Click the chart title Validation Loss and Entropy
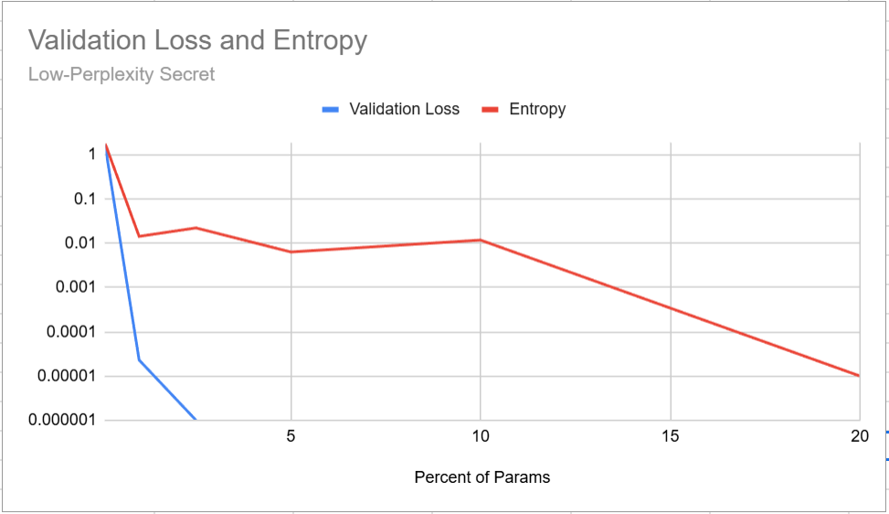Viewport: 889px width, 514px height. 197,40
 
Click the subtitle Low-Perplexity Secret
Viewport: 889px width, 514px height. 122,74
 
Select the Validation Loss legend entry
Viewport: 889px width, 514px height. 404,109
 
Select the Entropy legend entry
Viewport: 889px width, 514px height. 537,109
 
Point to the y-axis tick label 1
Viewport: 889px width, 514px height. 91,155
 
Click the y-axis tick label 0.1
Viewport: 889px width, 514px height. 85,198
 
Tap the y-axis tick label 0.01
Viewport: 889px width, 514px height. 81,243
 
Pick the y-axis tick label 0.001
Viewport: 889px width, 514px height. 77,287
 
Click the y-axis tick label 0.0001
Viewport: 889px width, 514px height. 73,332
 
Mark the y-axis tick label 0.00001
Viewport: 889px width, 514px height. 69,376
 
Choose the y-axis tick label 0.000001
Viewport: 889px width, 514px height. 65,421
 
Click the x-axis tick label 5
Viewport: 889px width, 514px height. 291,436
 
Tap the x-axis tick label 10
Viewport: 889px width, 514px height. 481,436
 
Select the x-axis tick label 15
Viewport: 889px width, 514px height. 671,436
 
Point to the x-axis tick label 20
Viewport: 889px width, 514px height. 859,436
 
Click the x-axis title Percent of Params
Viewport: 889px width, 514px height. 482,477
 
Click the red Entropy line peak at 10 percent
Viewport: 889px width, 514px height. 481,240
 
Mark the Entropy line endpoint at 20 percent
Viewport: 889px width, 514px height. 859,376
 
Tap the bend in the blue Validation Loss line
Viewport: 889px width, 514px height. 139,359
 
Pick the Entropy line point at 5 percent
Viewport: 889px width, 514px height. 291,252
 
